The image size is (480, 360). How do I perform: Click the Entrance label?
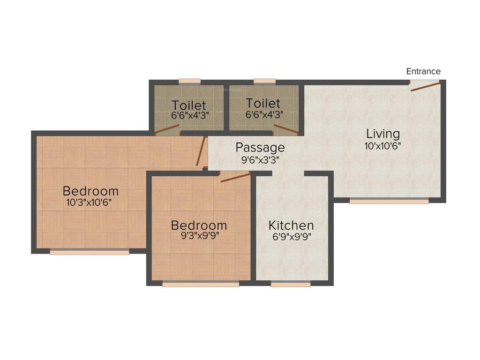pos(423,71)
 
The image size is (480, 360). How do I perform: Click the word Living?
pos(382,134)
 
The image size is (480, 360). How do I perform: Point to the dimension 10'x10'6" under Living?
pos(382,145)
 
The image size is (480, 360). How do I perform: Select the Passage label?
pos(260,147)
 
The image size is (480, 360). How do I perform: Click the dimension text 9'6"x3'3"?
pos(260,159)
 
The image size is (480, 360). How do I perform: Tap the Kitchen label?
pos(291,225)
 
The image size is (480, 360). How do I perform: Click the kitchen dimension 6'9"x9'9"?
pos(291,237)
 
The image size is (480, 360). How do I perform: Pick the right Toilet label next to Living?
pos(263,103)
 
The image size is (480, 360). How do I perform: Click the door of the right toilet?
pos(286,130)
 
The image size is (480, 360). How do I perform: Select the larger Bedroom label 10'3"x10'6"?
pos(90,191)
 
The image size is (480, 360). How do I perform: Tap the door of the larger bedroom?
pos(201,151)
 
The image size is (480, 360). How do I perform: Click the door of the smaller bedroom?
pos(235,177)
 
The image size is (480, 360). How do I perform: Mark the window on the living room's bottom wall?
pos(389,201)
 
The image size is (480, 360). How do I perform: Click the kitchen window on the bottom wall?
pos(291,284)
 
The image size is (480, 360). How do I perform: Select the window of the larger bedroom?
pos(89,252)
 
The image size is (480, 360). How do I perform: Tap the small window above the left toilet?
pos(189,81)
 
